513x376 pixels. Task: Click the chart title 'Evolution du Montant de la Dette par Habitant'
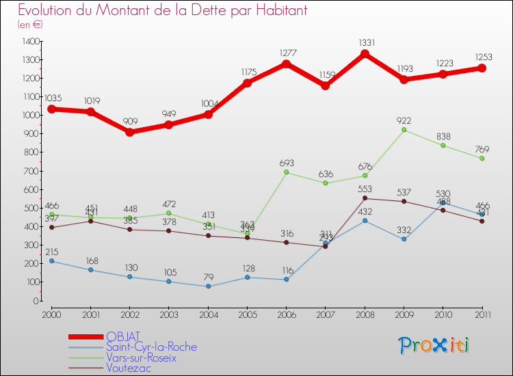click(163, 11)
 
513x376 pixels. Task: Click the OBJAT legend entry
click(123, 336)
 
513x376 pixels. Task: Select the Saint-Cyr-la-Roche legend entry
click(151, 347)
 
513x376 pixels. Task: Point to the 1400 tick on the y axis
click(31, 42)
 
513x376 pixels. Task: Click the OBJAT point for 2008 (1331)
click(365, 54)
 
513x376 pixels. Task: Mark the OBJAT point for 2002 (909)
click(130, 132)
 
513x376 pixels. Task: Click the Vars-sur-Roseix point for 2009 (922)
click(404, 130)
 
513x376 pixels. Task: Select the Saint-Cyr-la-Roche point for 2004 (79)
click(208, 286)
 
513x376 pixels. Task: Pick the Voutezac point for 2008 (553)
click(365, 198)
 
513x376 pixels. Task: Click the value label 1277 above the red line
click(287, 53)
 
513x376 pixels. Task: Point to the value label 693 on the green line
click(287, 163)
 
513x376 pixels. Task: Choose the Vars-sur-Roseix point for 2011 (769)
click(482, 158)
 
